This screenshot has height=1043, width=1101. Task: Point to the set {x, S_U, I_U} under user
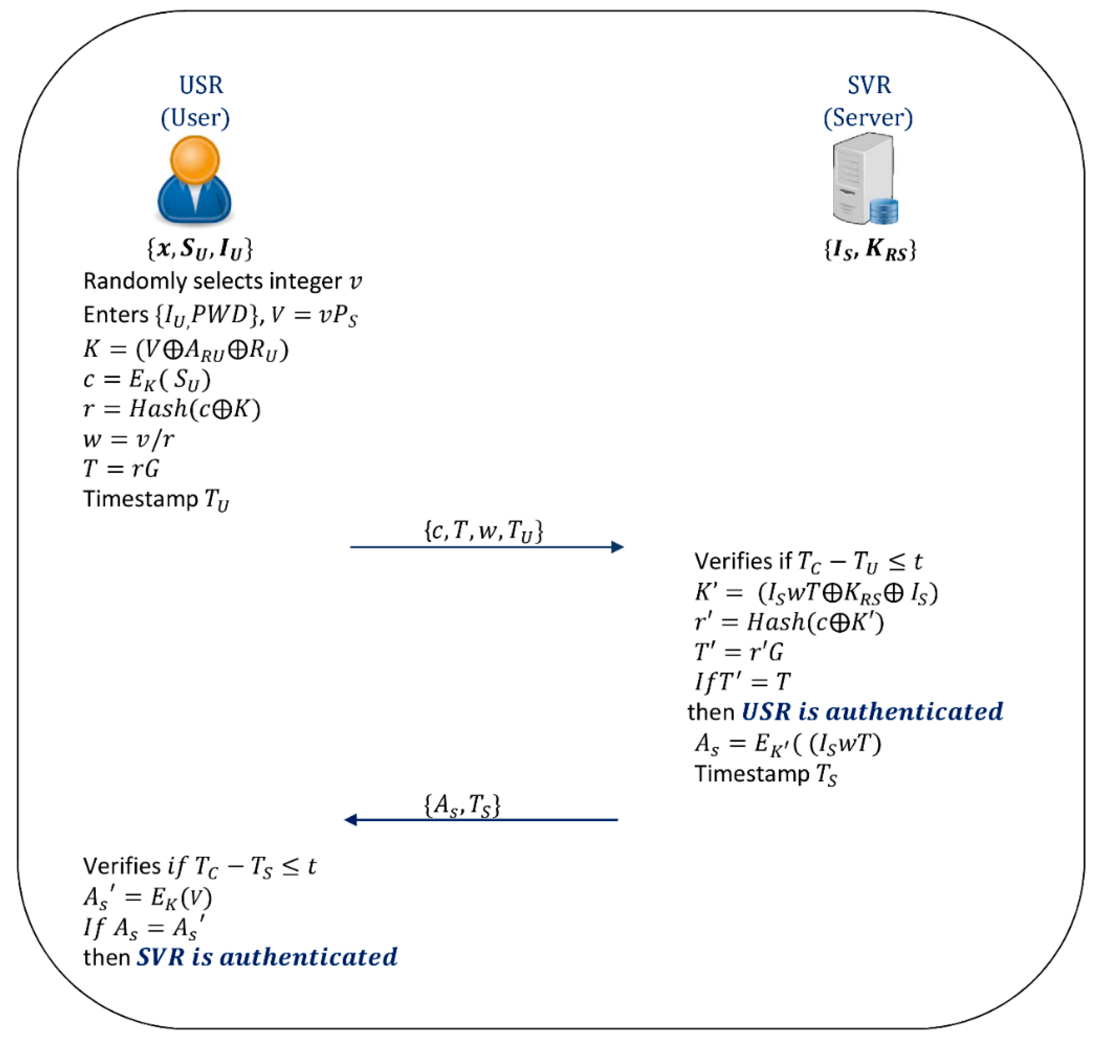click(200, 249)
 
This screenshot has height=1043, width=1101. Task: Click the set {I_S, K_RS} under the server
click(869, 249)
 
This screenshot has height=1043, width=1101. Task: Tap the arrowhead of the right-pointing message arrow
click(617, 547)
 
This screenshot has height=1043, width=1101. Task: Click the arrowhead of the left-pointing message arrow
click(351, 820)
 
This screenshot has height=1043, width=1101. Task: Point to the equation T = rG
click(121, 469)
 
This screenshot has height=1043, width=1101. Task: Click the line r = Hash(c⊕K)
click(172, 409)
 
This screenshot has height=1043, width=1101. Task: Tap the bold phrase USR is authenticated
click(872, 712)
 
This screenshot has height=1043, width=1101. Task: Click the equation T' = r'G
click(739, 652)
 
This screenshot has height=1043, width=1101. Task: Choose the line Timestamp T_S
click(766, 774)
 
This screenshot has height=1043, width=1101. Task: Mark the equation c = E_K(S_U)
click(147, 380)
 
